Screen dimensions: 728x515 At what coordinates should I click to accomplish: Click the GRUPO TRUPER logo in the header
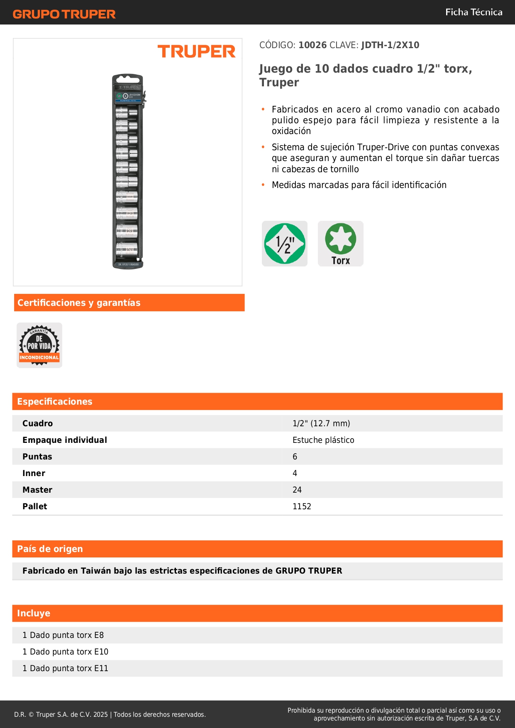click(64, 14)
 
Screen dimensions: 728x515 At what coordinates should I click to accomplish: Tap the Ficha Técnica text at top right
click(474, 12)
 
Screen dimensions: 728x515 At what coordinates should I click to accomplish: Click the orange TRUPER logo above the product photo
click(196, 51)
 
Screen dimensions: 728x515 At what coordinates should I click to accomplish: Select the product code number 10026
click(312, 45)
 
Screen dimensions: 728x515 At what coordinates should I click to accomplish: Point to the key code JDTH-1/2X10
click(390, 45)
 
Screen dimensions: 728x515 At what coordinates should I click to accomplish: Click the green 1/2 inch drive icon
click(285, 244)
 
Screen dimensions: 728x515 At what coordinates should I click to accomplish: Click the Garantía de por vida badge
click(39, 345)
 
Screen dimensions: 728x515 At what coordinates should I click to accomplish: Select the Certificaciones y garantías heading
click(79, 303)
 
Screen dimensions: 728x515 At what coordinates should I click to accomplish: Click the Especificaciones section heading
click(55, 402)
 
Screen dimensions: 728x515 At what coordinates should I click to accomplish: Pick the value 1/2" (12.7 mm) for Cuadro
click(321, 423)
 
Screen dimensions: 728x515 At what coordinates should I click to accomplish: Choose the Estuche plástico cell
click(323, 440)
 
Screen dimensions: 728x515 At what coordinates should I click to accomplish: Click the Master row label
click(37, 490)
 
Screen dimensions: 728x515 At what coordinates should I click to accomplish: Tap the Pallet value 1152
click(302, 506)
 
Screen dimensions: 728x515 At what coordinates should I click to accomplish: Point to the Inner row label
click(34, 473)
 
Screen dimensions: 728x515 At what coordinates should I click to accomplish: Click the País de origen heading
click(50, 549)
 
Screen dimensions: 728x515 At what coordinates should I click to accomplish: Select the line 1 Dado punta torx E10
click(65, 652)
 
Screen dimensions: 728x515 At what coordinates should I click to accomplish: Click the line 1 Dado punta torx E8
click(63, 635)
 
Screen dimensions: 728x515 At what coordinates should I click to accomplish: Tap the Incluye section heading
click(34, 613)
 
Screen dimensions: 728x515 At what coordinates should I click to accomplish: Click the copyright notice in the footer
click(110, 714)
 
